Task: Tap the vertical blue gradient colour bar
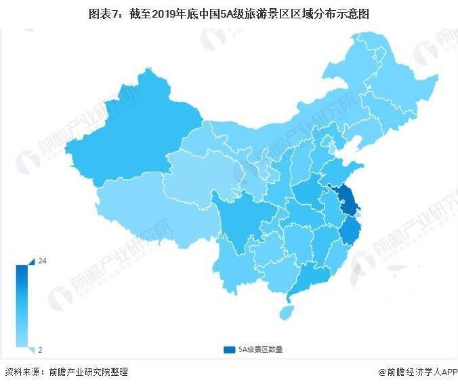22,305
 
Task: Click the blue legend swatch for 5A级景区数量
228,349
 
